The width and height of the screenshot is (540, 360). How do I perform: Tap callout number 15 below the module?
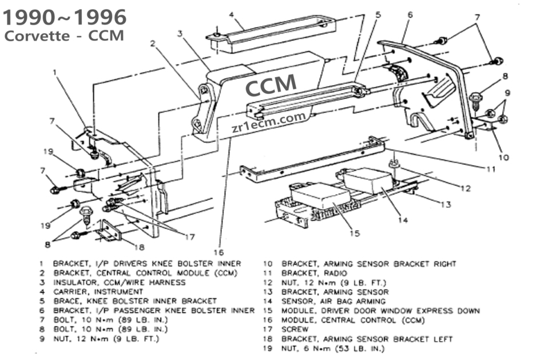(355, 233)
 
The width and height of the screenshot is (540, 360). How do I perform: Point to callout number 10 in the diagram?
(503, 157)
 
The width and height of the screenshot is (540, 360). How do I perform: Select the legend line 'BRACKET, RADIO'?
(314, 274)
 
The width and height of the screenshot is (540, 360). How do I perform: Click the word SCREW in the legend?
(295, 330)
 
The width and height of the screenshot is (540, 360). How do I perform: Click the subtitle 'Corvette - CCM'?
(63, 35)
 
